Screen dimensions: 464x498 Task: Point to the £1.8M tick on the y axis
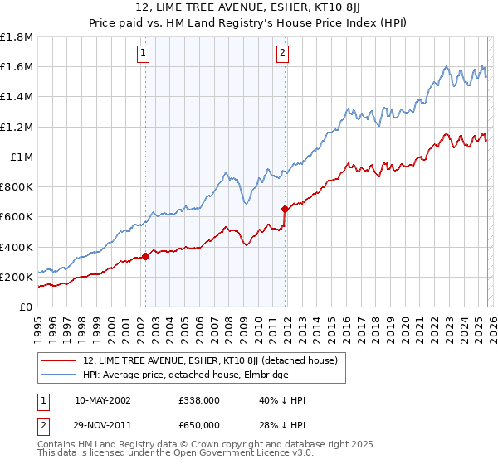coord(17,37)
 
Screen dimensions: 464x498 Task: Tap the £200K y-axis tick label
coord(17,277)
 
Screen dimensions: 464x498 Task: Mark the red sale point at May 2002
coord(145,256)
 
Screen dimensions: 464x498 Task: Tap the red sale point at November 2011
coord(285,209)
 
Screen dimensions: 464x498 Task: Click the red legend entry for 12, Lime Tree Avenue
coord(210,360)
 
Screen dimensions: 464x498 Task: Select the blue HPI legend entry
coord(185,375)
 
